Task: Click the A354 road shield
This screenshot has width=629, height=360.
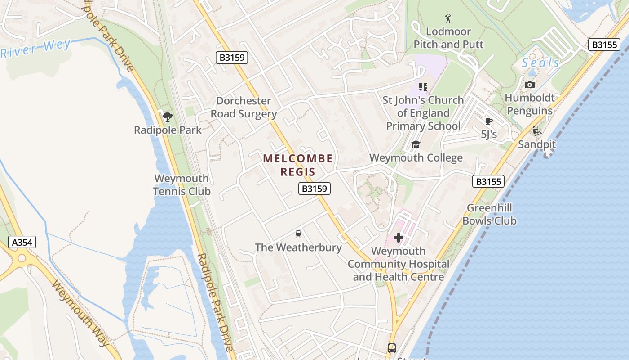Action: click(x=22, y=243)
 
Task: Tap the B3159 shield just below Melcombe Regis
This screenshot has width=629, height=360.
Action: click(x=314, y=189)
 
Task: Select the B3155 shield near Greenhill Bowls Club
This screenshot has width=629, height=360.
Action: click(x=488, y=181)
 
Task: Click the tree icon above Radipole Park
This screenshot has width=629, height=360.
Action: click(x=168, y=117)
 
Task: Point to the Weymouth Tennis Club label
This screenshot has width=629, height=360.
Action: click(x=182, y=185)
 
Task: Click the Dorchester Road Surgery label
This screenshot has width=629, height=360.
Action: click(x=244, y=107)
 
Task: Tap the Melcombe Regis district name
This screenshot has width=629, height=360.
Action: click(x=298, y=165)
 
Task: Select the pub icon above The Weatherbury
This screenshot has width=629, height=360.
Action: click(x=298, y=234)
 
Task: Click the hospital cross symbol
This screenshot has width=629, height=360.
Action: click(x=399, y=238)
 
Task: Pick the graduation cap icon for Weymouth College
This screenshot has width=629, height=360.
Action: click(x=416, y=144)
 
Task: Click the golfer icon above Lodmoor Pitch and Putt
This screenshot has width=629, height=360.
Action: click(x=448, y=18)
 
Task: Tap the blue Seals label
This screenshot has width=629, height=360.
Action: click(x=540, y=63)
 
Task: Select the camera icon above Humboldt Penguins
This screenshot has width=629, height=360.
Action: click(x=530, y=85)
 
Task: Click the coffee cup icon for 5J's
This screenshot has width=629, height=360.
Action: click(x=489, y=121)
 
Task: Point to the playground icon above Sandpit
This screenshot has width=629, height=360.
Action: click(x=536, y=131)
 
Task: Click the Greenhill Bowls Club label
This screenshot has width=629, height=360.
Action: click(x=489, y=214)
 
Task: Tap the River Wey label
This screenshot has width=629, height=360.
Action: click(x=35, y=49)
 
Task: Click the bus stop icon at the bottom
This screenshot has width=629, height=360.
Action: click(x=392, y=348)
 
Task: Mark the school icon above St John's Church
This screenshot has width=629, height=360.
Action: click(x=423, y=86)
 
